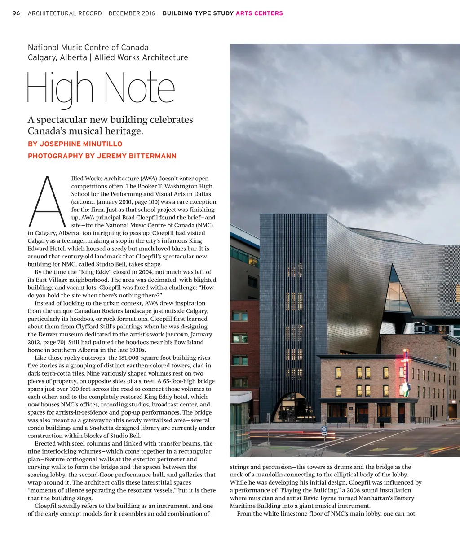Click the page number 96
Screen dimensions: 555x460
click(x=16, y=13)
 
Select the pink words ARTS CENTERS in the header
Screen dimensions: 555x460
click(x=259, y=13)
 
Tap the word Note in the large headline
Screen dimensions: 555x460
click(x=139, y=88)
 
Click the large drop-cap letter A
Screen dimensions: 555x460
click(x=47, y=202)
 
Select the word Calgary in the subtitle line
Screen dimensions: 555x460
click(x=42, y=57)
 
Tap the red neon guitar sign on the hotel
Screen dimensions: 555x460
click(x=406, y=372)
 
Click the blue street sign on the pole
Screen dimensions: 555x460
click(x=324, y=429)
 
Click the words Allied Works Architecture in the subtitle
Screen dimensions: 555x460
click(x=141, y=57)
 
